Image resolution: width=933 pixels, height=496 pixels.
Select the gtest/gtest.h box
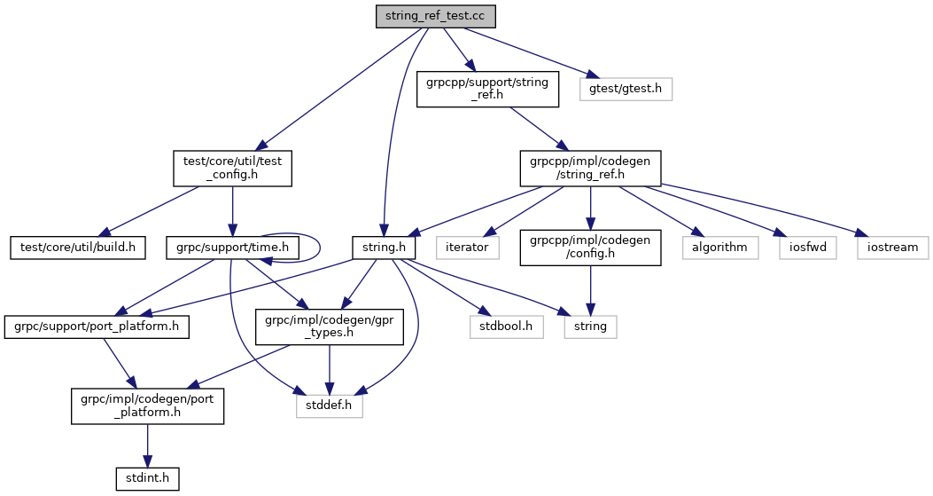tap(626, 89)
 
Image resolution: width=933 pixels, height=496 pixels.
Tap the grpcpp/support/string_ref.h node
tap(488, 89)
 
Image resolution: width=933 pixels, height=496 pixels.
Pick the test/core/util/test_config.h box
tap(231, 168)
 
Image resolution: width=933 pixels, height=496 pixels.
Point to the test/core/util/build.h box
tap(78, 246)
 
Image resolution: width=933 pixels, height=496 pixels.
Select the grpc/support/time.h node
tap(232, 246)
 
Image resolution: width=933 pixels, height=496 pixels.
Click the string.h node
tap(385, 246)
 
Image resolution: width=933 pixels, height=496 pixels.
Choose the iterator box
tap(467, 246)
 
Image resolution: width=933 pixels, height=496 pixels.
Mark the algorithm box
tap(720, 246)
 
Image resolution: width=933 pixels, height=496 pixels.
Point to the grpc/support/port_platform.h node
tap(97, 326)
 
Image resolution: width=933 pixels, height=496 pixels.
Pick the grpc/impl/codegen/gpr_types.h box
tap(330, 326)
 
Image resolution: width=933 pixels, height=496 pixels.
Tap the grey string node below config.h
tap(590, 326)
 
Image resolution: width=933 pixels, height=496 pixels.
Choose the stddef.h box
tap(330, 404)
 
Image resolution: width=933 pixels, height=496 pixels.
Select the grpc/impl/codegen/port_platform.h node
tap(148, 404)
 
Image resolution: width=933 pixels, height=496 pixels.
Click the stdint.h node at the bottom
tap(148, 477)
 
